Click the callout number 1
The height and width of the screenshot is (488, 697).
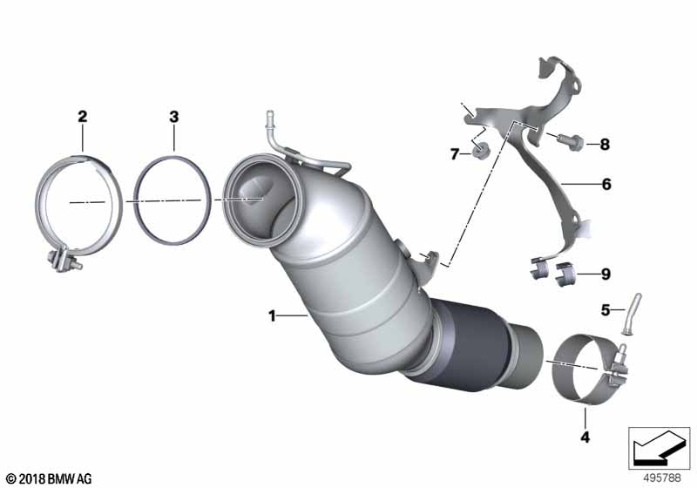[272, 316]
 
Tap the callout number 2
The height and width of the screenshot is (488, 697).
[82, 117]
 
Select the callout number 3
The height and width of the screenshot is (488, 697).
[173, 117]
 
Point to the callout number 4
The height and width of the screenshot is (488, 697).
[585, 437]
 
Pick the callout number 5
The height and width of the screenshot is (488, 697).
[606, 309]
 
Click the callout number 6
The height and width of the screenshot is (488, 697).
[606, 184]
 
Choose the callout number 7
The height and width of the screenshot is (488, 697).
[454, 154]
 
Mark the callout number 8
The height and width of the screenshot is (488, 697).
[605, 144]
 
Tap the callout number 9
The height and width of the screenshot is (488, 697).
[606, 274]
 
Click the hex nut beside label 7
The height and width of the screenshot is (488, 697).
[478, 152]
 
